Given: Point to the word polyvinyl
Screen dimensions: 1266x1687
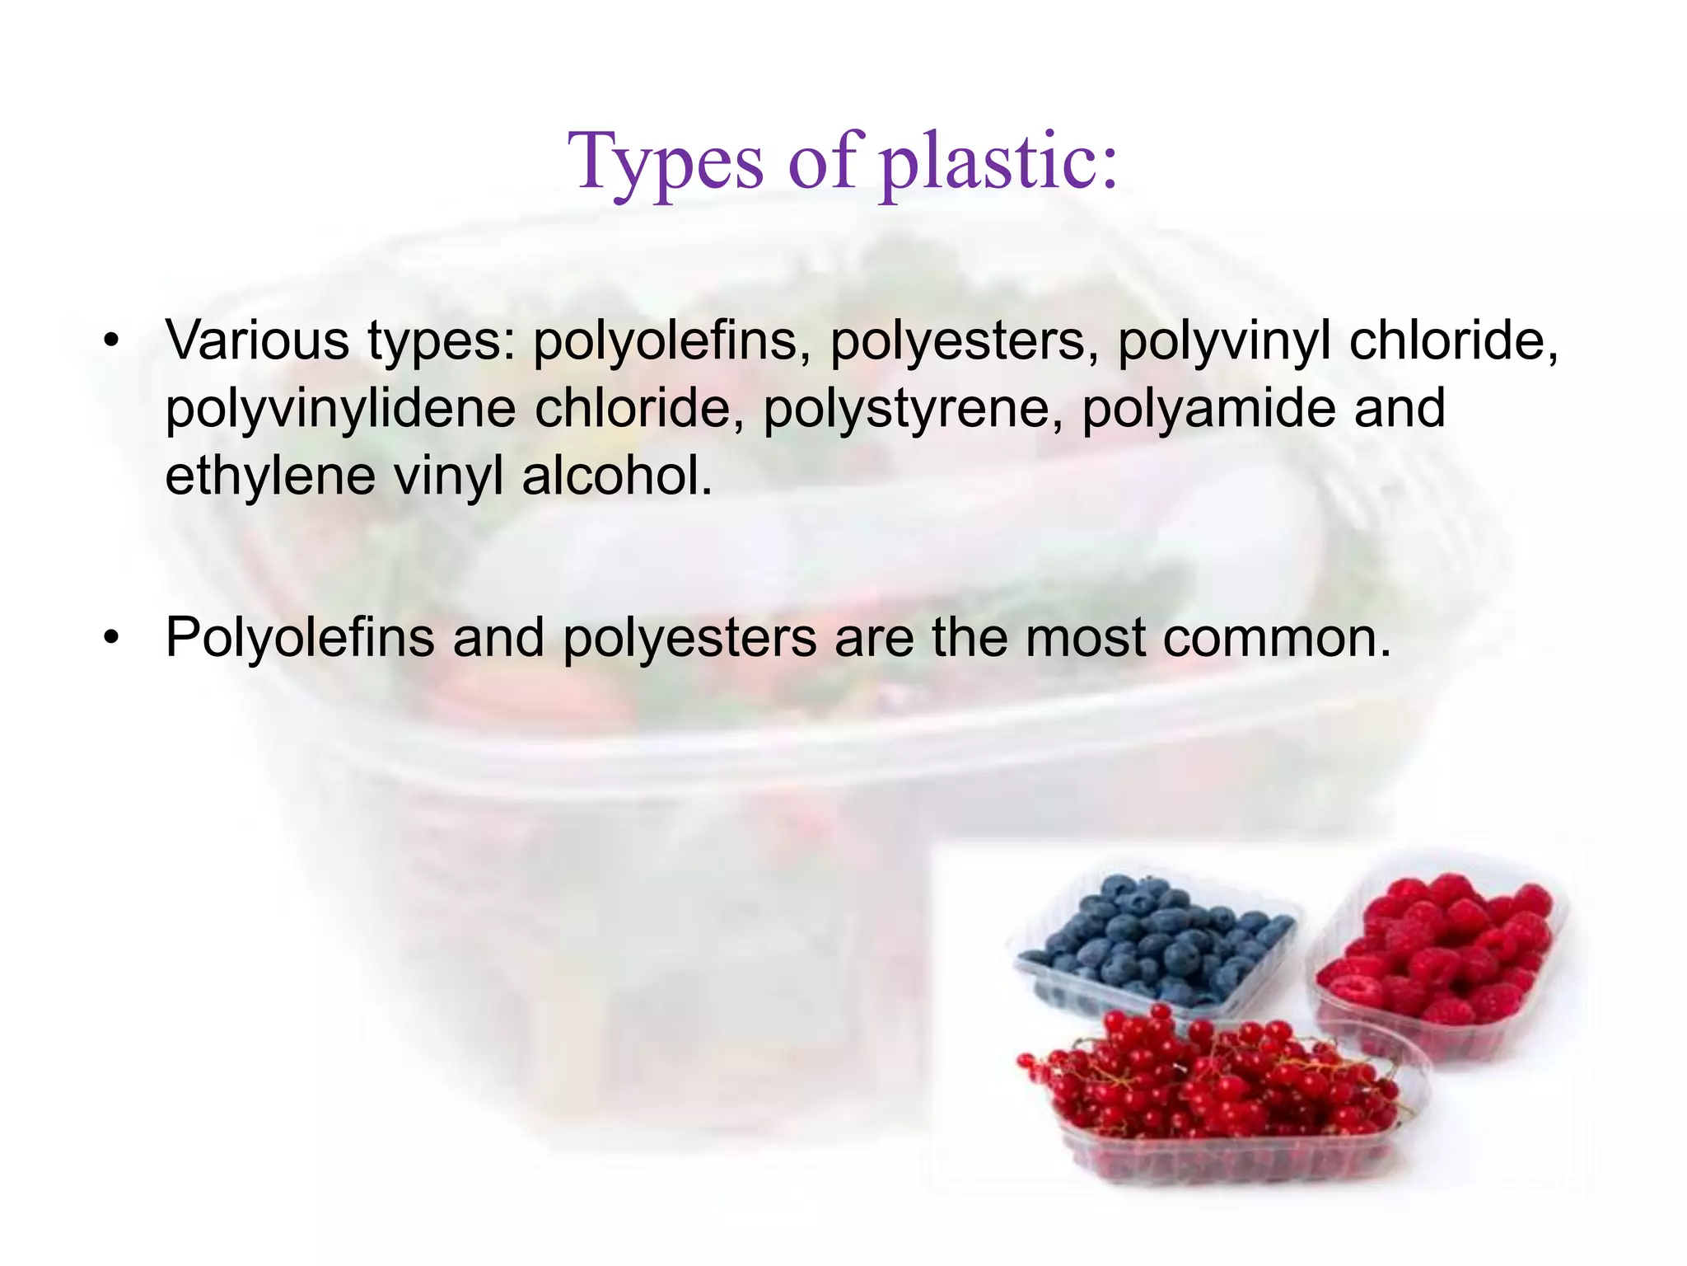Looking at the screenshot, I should point(1223,341).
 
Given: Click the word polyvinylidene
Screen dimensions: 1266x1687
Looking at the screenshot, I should point(340,409).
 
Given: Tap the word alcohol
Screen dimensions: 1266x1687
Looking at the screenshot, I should point(617,476).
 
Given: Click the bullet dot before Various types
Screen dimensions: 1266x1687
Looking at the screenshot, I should point(112,340).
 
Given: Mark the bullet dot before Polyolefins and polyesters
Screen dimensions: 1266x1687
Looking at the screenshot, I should point(112,637).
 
